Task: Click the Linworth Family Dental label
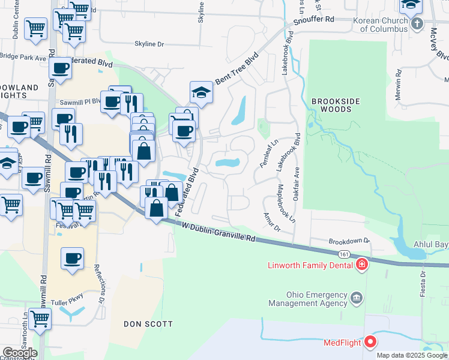[312, 265]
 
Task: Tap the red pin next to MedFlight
[370, 342]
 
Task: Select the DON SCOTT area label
[148, 324]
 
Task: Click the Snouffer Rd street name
[313, 20]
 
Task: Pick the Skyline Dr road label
[149, 44]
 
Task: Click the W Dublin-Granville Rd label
[218, 231]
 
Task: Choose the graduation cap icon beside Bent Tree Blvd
[202, 92]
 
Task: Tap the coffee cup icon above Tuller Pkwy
[73, 258]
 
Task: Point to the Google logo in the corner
[20, 353]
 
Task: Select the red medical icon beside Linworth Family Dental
[361, 265]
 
